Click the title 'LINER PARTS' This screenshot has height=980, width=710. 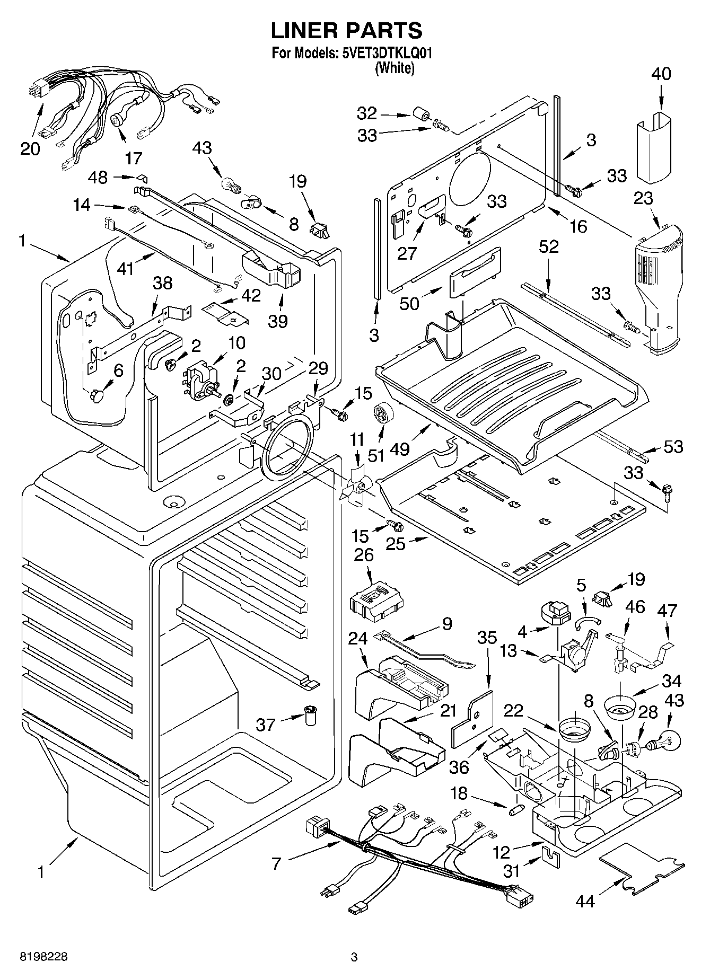pos(346,30)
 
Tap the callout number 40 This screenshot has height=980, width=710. pos(661,74)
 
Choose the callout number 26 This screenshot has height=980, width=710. pos(364,554)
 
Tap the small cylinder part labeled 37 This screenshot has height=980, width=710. pos(309,716)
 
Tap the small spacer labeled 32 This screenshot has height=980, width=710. pos(420,114)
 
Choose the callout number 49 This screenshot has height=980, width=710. pos(400,448)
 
